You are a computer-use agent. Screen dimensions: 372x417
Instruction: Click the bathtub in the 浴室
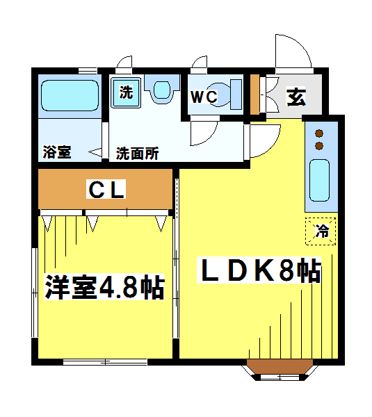click(x=70, y=95)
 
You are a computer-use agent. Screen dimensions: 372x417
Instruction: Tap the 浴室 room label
click(x=57, y=152)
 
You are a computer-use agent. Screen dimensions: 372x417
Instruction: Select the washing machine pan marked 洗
click(x=126, y=92)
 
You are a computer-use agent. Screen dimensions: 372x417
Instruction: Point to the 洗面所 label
click(x=137, y=154)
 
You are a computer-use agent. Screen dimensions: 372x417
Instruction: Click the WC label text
click(x=204, y=97)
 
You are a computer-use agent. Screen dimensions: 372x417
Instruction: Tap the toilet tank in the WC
click(x=236, y=95)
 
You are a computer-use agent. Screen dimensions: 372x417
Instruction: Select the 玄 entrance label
click(x=296, y=97)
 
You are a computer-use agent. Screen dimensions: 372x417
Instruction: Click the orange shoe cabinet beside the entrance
click(x=254, y=95)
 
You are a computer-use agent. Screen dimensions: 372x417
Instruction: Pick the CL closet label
click(x=106, y=189)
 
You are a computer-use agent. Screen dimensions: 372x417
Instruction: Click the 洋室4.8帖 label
click(x=104, y=287)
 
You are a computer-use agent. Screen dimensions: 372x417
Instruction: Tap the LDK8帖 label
click(x=259, y=270)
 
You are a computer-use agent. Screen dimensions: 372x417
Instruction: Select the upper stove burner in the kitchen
click(x=319, y=133)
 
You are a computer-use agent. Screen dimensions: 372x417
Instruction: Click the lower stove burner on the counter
click(x=319, y=146)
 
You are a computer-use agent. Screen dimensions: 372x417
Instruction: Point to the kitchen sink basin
click(x=320, y=180)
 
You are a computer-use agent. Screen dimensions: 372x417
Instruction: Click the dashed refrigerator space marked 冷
click(x=321, y=231)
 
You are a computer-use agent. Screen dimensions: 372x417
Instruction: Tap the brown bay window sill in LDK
click(x=280, y=366)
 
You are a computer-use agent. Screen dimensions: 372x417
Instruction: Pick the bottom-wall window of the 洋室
click(x=105, y=362)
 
